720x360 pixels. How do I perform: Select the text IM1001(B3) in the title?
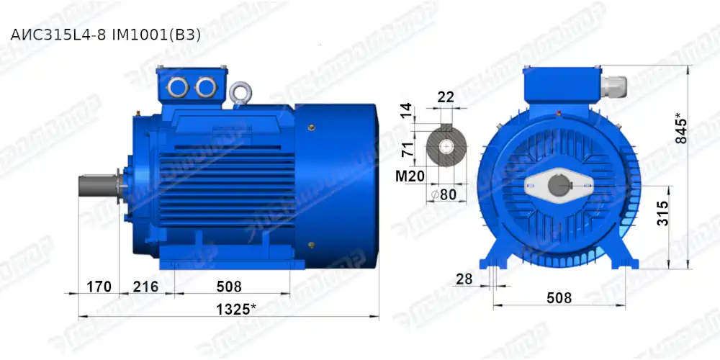click(160, 34)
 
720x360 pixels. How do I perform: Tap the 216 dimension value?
click(146, 287)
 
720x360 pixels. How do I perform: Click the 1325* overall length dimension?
click(234, 309)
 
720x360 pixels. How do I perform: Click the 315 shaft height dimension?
click(663, 215)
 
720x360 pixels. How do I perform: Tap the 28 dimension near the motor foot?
click(464, 279)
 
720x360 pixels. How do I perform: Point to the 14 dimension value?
click(407, 111)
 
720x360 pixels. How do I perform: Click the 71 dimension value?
click(407, 150)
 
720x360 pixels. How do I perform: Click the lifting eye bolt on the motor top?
click(239, 93)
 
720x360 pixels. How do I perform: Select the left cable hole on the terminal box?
click(177, 87)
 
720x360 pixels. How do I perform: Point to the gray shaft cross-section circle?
click(446, 148)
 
